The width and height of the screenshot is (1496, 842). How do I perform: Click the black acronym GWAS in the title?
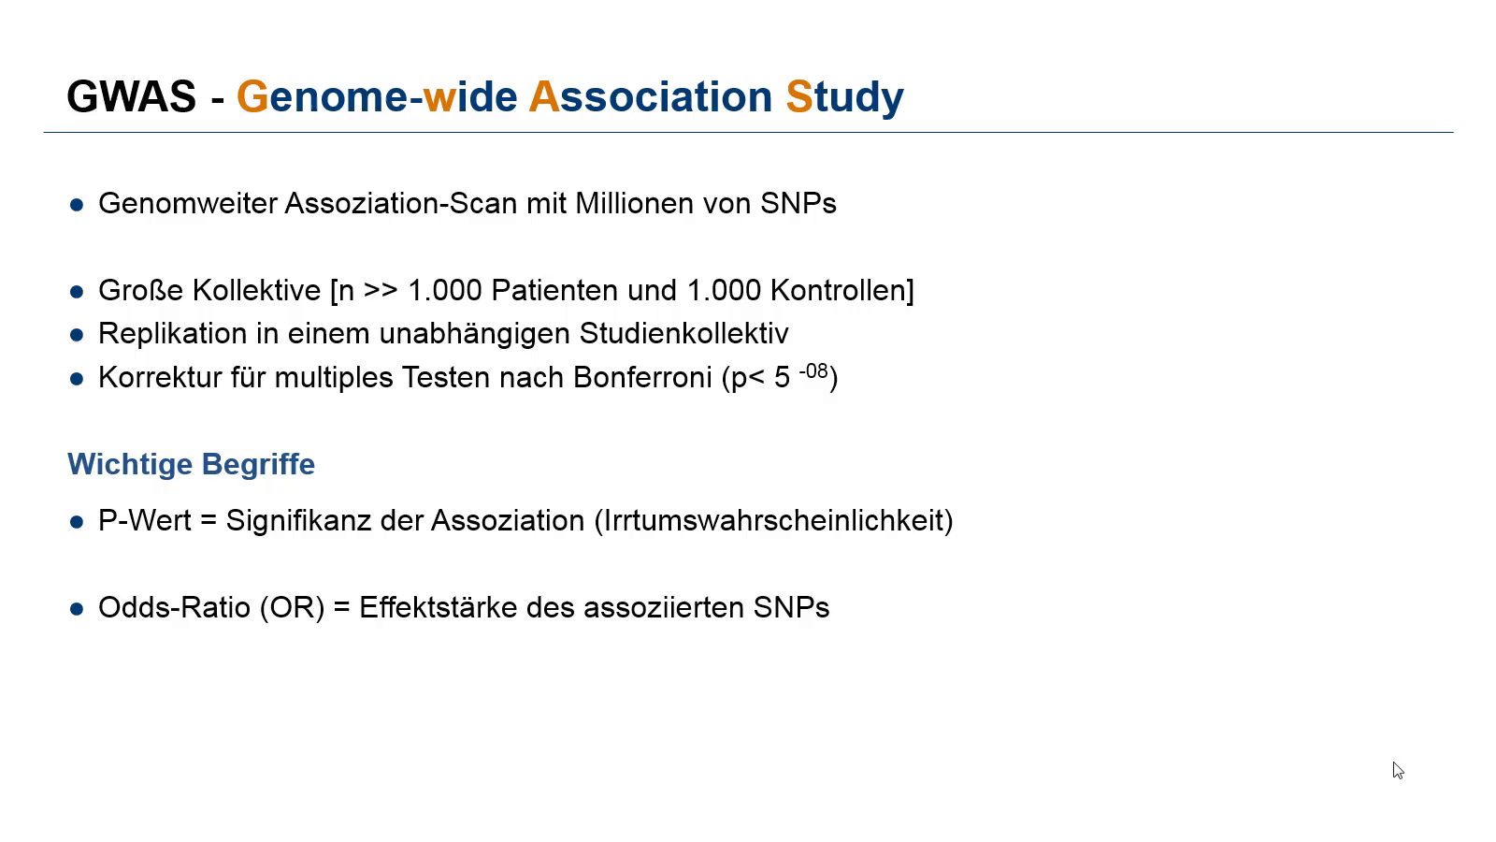132,97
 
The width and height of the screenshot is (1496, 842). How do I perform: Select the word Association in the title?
651,97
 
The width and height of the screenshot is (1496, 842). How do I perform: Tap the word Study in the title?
845,98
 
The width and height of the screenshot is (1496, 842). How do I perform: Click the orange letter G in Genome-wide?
252,97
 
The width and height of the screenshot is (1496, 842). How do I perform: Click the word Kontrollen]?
842,291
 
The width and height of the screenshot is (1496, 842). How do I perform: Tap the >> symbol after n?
381,291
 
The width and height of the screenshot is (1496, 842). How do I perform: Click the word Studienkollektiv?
683,333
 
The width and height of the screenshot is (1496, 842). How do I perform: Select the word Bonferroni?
642,378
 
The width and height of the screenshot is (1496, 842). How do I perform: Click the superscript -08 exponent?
813,370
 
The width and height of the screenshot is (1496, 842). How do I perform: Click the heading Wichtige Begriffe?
191,464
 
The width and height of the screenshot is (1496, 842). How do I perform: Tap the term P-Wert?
145,520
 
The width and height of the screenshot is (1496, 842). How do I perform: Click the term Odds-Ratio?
174,607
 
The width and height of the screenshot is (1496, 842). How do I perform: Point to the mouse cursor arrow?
1398,771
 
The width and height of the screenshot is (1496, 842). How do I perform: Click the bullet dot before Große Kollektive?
77,292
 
